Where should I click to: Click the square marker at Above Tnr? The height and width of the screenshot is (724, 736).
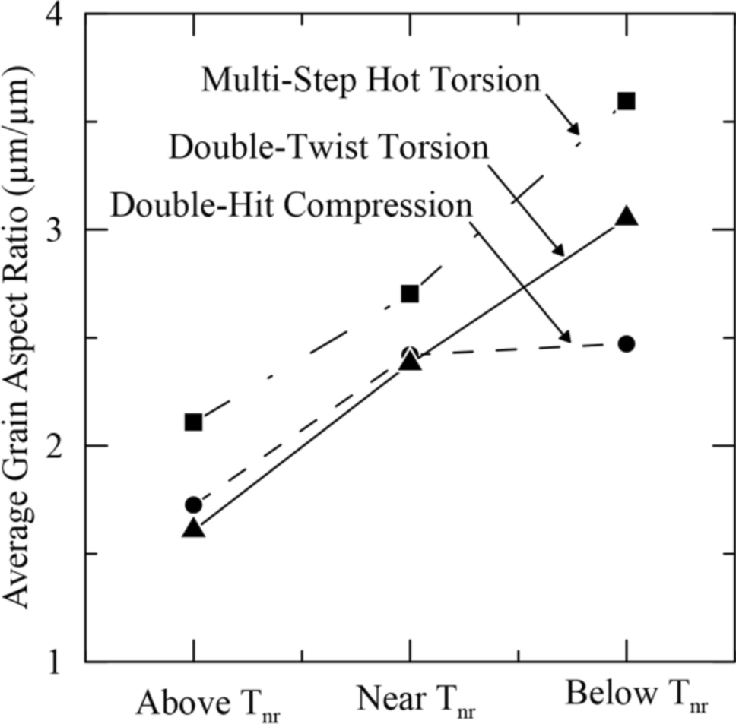[193, 422]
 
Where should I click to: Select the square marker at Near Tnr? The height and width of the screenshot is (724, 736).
[410, 293]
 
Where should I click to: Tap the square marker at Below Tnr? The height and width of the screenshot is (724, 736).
[627, 101]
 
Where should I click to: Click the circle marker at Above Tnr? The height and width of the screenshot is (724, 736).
[193, 504]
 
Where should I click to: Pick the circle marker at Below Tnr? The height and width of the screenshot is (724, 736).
[627, 343]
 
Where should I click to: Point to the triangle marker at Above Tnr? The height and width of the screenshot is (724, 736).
[193, 528]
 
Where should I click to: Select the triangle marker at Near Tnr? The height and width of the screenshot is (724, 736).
[410, 362]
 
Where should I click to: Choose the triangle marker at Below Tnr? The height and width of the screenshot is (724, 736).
[627, 217]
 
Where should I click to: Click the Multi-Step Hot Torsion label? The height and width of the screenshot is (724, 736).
[371, 80]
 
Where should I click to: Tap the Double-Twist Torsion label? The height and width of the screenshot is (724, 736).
[328, 147]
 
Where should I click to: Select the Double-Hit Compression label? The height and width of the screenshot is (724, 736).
[292, 205]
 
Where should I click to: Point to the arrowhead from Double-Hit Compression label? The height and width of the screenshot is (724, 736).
[564, 337]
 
